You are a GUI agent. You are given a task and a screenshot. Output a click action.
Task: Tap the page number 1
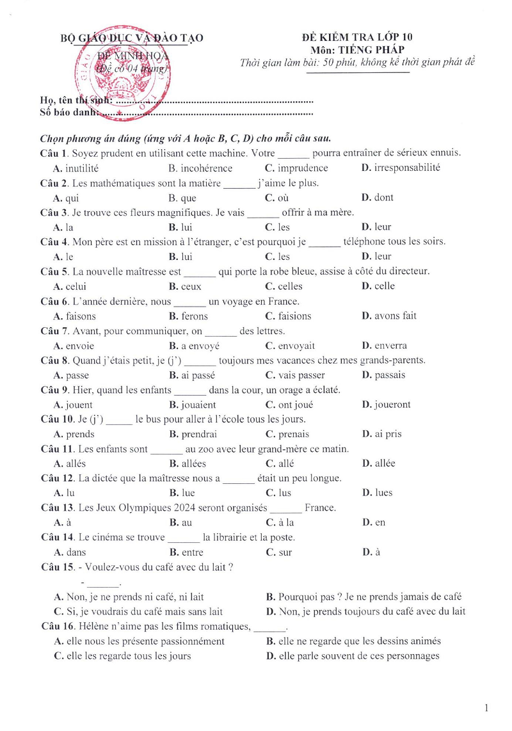pos(487,707)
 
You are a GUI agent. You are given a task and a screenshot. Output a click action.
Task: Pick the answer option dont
pos(383,198)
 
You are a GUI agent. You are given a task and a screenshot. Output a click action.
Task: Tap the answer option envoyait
pos(297,346)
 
